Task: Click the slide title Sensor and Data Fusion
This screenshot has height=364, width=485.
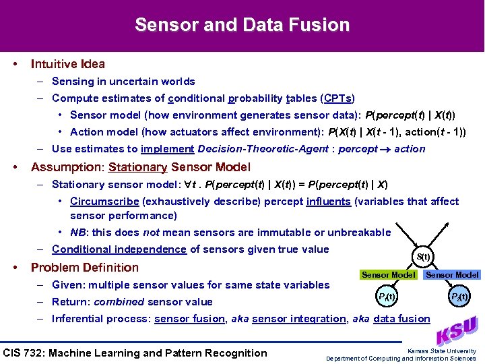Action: pyautogui.click(x=242, y=26)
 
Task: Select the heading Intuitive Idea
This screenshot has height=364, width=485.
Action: pyautogui.click(x=67, y=64)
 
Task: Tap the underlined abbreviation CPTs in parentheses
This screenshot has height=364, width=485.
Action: pyautogui.click(x=337, y=98)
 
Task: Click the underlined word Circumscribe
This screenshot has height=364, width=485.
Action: pyautogui.click(x=104, y=202)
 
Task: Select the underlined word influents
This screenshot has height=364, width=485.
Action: pyautogui.click(x=328, y=202)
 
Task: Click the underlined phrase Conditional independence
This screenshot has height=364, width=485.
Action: pyautogui.click(x=119, y=249)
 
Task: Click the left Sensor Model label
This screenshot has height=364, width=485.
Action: pyautogui.click(x=388, y=274)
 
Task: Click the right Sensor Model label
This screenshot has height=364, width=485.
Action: pyautogui.click(x=453, y=274)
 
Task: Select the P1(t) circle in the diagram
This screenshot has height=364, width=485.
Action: pyautogui.click(x=386, y=297)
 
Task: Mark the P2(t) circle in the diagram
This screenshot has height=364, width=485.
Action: pyautogui.click(x=459, y=297)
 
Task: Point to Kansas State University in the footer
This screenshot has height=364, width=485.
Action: pyautogui.click(x=442, y=351)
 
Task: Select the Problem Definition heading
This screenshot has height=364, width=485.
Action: pyautogui.click(x=85, y=268)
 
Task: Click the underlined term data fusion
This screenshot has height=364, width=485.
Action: pyautogui.click(x=401, y=319)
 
